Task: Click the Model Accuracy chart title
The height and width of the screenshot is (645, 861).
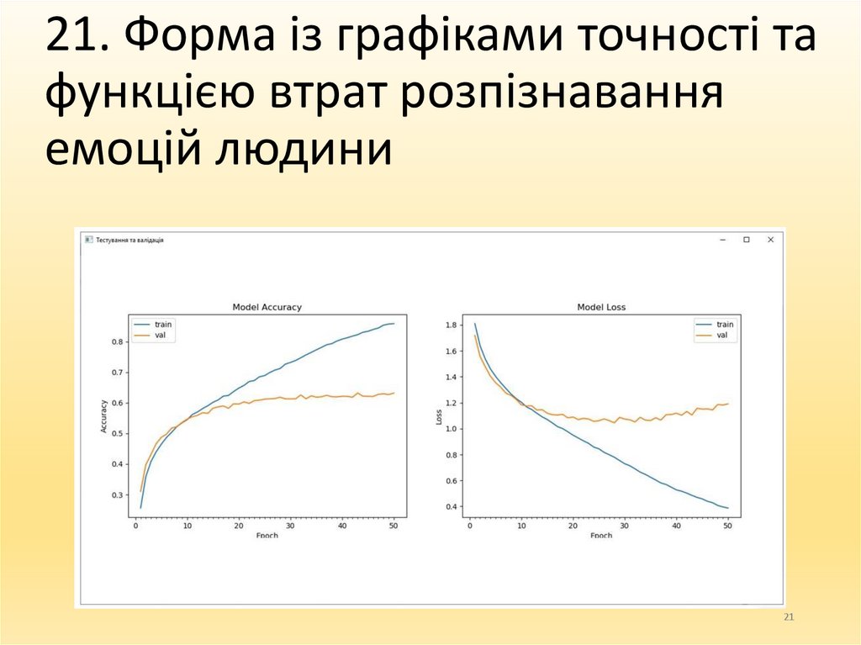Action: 267,308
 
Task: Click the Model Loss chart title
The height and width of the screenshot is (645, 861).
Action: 601,308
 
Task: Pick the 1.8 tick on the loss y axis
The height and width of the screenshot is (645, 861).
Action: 451,325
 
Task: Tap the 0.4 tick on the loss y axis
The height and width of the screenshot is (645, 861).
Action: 451,506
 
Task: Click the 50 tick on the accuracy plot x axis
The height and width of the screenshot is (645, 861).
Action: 394,526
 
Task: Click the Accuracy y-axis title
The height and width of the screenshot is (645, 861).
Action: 104,417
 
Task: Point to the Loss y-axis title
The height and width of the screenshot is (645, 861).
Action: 438,417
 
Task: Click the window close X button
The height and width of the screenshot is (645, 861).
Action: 770,240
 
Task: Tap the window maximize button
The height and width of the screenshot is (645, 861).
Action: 746,240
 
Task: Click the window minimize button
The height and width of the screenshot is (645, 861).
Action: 721,240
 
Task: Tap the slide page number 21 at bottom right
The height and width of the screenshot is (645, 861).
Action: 788,618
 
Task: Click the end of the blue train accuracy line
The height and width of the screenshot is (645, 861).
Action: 394,324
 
